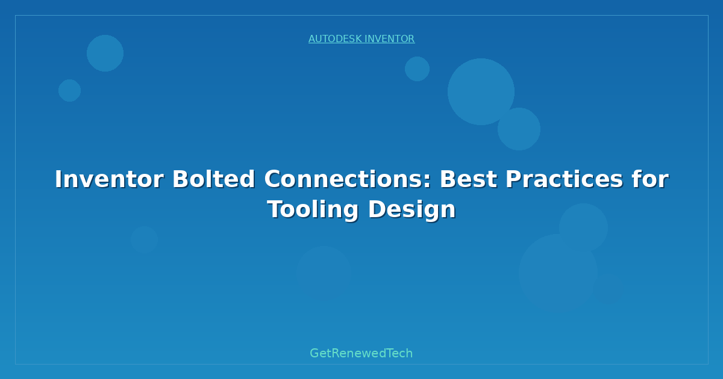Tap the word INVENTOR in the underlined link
click(x=390, y=39)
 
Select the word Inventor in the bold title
click(x=109, y=179)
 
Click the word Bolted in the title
click(x=213, y=179)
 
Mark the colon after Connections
click(x=427, y=182)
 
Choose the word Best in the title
click(x=469, y=179)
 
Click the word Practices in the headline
click(x=564, y=179)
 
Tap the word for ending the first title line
click(x=650, y=179)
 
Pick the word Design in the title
click(x=412, y=209)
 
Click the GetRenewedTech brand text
click(x=361, y=353)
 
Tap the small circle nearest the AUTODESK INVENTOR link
click(x=417, y=69)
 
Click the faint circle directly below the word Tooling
click(x=324, y=274)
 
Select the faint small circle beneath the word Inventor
click(x=144, y=239)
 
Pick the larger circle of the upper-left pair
click(x=105, y=53)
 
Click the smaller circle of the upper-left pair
click(x=69, y=91)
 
